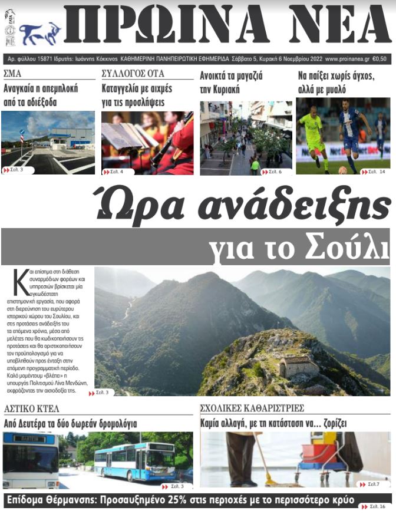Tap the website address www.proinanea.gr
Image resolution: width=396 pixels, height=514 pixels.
tap(348, 59)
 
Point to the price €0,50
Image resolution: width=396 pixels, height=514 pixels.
tap(379, 59)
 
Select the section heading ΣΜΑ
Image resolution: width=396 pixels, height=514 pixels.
tap(12, 74)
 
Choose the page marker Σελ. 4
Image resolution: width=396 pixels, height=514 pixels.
tap(118, 172)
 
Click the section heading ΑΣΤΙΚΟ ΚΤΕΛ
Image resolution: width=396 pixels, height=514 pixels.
tap(32, 408)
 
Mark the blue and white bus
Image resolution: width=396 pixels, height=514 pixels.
tap(136, 461)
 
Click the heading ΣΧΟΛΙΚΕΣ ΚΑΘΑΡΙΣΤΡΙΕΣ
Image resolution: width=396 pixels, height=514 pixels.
tap(260, 408)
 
